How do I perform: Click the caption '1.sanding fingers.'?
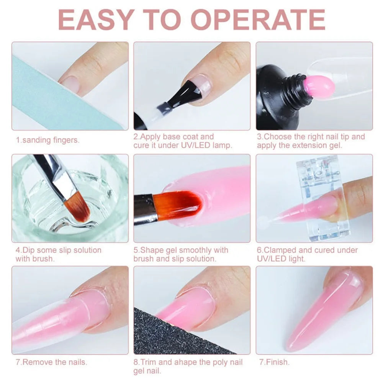(47, 140)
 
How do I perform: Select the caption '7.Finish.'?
(273, 362)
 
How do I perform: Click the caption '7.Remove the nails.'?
(51, 362)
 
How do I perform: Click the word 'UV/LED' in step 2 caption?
(190, 146)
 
